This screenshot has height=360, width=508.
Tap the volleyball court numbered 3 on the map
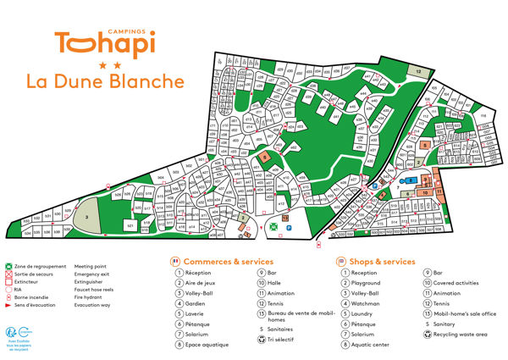pyautogui.click(x=87, y=217)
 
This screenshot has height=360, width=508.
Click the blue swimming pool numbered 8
pyautogui.click(x=412, y=180)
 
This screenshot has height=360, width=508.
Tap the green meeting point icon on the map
pyautogui.click(x=273, y=227)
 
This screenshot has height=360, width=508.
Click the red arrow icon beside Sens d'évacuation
pyautogui.click(x=8, y=304)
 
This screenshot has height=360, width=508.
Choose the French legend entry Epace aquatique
pyautogui.click(x=207, y=345)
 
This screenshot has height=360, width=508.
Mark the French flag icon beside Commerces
pyautogui.click(x=176, y=262)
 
